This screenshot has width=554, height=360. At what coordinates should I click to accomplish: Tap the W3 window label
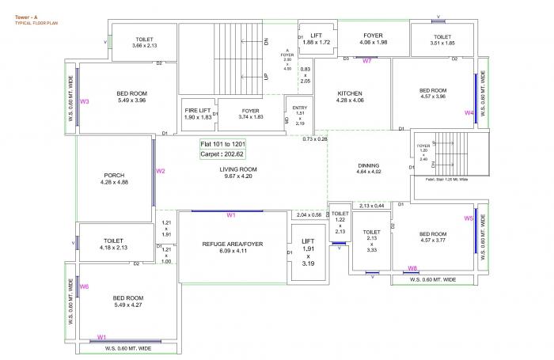click(84, 101)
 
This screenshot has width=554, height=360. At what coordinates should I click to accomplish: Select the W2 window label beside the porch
click(160, 171)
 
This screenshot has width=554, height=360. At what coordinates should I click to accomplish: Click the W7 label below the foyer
click(367, 61)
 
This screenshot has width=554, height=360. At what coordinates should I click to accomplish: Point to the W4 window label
click(469, 113)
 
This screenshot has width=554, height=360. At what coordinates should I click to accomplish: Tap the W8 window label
click(412, 268)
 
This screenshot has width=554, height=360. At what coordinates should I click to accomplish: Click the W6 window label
click(84, 286)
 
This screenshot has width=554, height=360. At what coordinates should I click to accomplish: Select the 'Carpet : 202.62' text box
click(222, 155)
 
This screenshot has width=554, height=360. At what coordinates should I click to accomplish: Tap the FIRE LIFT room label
click(198, 110)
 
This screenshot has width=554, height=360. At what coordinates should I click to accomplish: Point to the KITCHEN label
click(350, 93)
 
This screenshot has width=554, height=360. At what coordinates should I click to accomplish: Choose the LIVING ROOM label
click(238, 169)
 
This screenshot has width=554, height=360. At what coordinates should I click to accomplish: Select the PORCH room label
click(114, 175)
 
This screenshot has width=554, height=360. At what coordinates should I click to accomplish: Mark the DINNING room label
click(369, 165)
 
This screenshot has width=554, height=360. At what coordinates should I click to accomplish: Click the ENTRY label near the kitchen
click(299, 108)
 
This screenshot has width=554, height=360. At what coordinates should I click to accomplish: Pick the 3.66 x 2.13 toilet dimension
click(144, 45)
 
